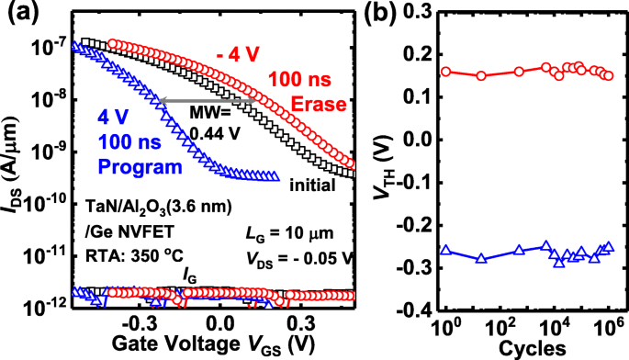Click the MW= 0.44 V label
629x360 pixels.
217,122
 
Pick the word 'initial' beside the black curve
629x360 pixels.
310,186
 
